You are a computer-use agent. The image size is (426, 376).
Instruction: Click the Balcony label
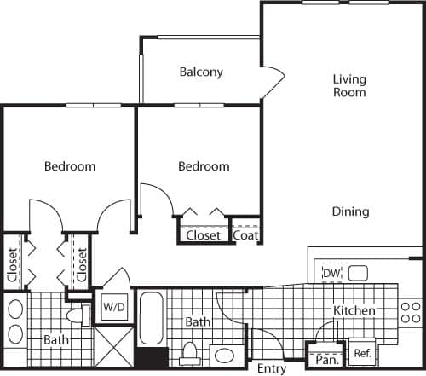click(201, 72)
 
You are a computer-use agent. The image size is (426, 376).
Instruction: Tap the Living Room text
click(349, 85)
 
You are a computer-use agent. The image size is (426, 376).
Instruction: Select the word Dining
click(350, 211)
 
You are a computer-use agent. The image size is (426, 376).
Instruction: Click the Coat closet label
click(245, 234)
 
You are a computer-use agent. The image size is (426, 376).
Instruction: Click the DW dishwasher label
click(331, 273)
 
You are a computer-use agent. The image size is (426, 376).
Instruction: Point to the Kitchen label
click(354, 311)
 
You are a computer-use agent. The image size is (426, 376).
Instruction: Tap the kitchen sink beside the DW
click(358, 274)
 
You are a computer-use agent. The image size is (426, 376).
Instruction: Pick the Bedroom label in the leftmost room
click(70, 166)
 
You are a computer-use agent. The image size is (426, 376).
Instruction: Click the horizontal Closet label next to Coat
click(204, 234)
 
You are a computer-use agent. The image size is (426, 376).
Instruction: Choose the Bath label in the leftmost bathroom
click(56, 339)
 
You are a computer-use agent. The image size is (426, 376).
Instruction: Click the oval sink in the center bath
click(226, 355)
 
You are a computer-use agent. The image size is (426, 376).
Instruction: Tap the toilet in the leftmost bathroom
click(77, 316)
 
